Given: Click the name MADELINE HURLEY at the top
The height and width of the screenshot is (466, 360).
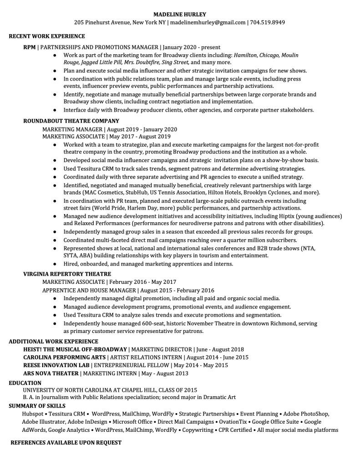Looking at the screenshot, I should point(180,14).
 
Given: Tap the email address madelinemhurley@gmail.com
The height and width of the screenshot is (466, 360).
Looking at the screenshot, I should point(208,22).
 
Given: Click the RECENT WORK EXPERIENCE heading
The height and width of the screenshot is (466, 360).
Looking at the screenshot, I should point(47,36).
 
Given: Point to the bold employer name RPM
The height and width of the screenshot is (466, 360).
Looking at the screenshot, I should point(29,47).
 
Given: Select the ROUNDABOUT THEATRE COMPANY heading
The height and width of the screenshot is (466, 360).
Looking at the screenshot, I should point(71,121).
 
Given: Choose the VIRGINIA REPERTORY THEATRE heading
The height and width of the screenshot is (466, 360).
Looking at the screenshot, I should point(67,274).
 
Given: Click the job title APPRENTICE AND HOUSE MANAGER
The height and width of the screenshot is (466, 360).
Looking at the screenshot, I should point(89,290).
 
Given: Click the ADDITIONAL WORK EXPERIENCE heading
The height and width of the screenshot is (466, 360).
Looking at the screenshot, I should point(53,341).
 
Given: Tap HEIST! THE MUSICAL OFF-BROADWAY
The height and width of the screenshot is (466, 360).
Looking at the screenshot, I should point(75,349).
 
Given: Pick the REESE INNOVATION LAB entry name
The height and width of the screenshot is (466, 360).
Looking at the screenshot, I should point(56,365).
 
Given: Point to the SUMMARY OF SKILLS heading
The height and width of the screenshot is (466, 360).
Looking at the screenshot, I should point(37,406).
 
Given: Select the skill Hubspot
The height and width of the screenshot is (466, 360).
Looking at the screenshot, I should point(32,414).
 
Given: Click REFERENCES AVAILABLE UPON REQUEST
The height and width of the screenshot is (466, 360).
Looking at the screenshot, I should point(66,442).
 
